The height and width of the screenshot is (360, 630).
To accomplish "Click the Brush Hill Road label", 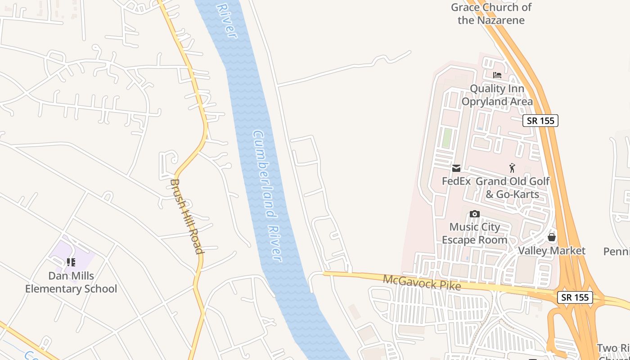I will tap(186, 216).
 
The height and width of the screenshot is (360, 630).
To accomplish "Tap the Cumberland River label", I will tap(267, 196).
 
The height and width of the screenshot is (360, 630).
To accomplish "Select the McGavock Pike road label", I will tap(422, 283).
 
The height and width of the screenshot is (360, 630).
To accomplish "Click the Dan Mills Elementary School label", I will tap(71, 282).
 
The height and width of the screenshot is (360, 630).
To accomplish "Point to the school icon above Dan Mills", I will tap(71, 262).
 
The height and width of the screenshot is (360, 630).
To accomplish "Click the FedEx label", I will tap(456, 181).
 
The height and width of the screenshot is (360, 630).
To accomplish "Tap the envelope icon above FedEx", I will tap(456, 168).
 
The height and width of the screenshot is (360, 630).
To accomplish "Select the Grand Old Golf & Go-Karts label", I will tap(513, 188).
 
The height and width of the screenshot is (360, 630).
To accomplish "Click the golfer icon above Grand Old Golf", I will tap(512, 168).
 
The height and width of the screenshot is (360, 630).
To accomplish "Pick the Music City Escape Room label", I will tap(474, 233).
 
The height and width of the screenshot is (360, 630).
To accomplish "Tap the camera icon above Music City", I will tap(474, 214).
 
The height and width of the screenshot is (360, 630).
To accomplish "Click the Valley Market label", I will tap(552, 251).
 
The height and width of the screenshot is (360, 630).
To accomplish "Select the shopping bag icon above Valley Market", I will tap(552, 237).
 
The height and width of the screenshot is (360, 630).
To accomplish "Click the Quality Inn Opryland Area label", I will tap(497, 95).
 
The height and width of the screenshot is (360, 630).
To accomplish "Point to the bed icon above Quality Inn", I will tap(497, 75).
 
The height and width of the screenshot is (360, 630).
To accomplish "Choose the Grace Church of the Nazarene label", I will tap(491, 13).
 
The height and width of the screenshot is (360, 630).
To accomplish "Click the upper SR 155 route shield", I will tap(540, 121).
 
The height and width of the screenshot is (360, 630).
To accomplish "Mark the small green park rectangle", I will tap(446, 138).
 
